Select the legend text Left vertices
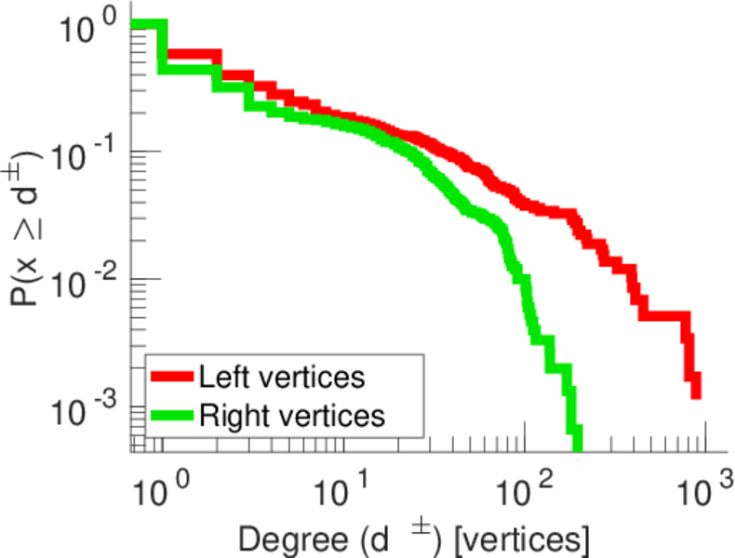click(x=281, y=377)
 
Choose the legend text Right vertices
click(x=291, y=415)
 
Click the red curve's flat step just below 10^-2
click(x=666, y=316)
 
